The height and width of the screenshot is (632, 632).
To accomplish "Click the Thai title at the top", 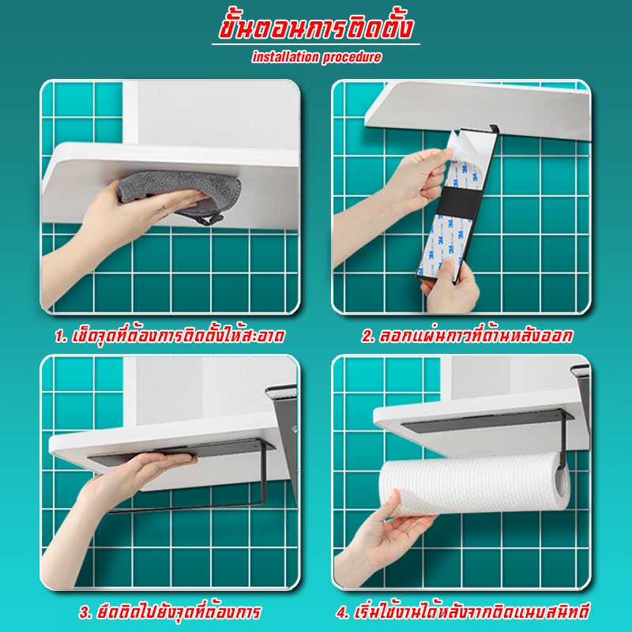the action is pyautogui.click(x=317, y=28).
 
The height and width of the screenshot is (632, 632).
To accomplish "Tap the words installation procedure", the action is pyautogui.click(x=317, y=57).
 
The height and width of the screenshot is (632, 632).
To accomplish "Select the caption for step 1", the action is pyautogui.click(x=170, y=336).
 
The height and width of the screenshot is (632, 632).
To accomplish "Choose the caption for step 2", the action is pyautogui.click(x=466, y=336).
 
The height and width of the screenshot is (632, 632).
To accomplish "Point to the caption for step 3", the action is pyautogui.click(x=170, y=611).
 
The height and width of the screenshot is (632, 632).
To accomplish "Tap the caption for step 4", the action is pyautogui.click(x=463, y=611).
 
